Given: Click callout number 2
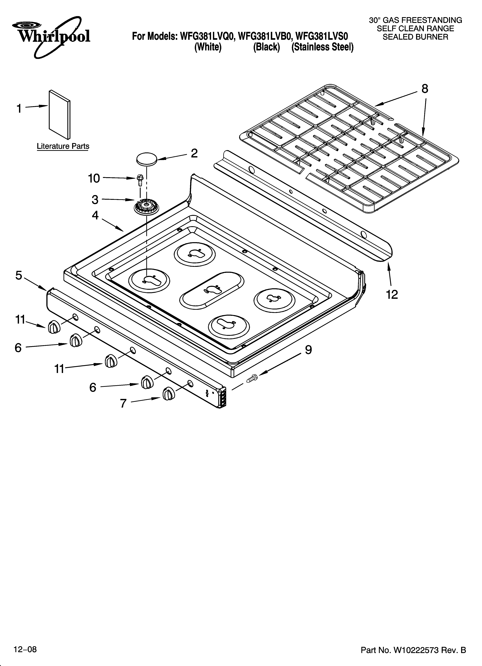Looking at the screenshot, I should pyautogui.click(x=194, y=153).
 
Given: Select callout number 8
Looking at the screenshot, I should pyautogui.click(x=425, y=89).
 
